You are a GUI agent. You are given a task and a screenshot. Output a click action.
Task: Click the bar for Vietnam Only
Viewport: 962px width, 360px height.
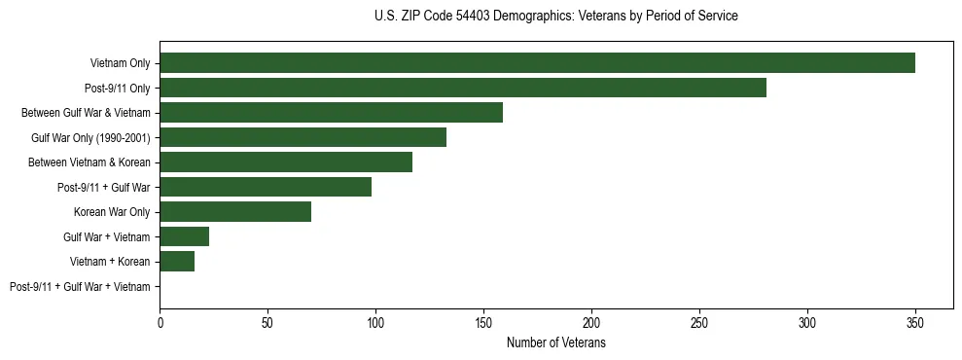537,63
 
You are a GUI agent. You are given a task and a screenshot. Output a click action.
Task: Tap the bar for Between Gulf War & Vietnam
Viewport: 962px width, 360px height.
332,113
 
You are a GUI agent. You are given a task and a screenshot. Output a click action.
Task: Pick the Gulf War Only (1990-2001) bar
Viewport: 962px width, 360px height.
303,137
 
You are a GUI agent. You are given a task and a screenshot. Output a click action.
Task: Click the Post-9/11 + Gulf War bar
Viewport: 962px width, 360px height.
266,187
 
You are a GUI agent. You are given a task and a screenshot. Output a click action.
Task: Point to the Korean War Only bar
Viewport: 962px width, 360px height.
235,212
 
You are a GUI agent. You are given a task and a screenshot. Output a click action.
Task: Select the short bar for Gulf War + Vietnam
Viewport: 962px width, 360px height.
185,236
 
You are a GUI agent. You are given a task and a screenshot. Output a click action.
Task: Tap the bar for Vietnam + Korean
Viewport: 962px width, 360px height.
177,261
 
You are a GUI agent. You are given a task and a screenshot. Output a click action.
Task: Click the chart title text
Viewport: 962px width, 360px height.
555,17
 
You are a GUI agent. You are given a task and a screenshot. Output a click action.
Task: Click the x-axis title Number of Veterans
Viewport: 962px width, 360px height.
555,343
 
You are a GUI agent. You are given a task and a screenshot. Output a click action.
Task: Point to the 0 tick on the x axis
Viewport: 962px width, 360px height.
160,322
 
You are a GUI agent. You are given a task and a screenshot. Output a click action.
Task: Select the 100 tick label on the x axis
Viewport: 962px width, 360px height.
375,322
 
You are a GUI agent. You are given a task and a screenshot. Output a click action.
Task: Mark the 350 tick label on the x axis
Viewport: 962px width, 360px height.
915,322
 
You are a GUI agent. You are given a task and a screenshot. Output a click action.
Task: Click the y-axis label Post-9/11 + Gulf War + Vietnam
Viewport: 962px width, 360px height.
80,286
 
